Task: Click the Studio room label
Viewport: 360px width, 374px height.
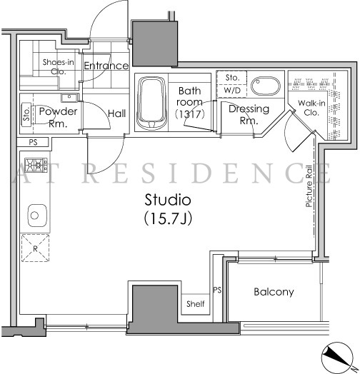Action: point(168,200)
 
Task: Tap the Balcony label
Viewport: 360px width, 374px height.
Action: point(274,292)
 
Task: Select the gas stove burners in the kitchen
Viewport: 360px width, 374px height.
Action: point(36,165)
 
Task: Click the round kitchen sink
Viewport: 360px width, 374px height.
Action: point(37,216)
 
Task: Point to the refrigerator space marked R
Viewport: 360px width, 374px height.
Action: point(35,248)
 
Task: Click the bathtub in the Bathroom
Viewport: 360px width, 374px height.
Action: point(151,103)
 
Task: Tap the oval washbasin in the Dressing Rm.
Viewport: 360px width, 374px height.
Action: point(266,86)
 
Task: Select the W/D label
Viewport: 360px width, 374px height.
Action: point(232,91)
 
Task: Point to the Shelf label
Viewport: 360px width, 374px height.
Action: point(195,304)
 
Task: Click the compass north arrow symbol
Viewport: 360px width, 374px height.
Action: point(337,357)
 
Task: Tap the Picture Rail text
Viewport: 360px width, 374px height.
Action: point(309,186)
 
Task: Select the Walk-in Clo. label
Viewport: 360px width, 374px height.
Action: point(311,108)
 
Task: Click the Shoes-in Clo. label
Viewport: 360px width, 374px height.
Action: point(58,66)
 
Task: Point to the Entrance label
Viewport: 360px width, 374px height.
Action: point(106,66)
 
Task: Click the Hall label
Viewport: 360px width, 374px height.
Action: point(116,113)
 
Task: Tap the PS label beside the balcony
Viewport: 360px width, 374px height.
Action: point(217,290)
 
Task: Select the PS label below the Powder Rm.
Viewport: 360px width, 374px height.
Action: point(33,143)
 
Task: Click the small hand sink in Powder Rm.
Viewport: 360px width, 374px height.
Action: point(69,97)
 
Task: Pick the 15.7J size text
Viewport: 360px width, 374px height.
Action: point(168,218)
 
